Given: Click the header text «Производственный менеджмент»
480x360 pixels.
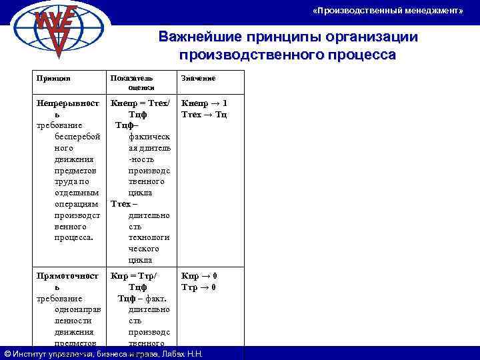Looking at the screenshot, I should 387,11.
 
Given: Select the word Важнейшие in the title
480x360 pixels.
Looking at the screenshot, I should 193,37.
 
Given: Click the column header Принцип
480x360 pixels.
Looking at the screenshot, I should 53,78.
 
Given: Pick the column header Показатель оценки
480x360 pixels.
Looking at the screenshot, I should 132,82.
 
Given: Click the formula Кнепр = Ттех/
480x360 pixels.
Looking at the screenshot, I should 141,103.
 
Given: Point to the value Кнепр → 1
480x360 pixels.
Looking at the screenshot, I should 204,103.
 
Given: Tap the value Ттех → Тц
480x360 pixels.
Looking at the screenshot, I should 204,115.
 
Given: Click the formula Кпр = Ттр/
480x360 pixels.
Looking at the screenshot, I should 134,275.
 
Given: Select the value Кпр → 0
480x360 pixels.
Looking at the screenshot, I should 199,275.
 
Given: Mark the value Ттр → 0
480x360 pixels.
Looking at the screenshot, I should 199,287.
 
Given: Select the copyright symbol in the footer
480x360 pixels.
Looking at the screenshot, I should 7,353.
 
